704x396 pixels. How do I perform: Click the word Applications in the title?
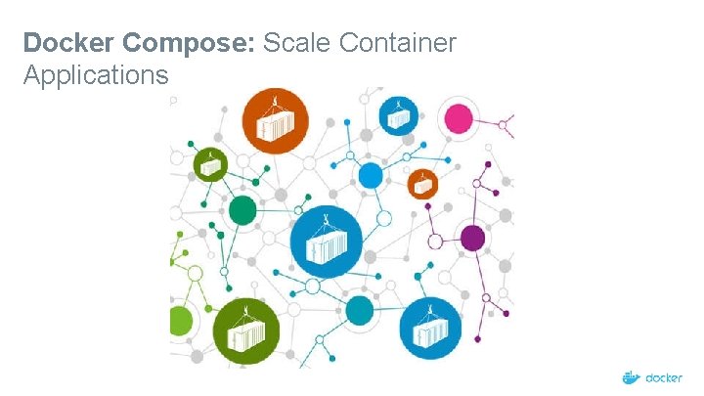95,74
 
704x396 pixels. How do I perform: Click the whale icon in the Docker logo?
632,377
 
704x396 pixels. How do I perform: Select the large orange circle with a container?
277,121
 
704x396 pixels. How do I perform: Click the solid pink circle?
458,119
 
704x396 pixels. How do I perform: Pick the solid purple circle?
472,238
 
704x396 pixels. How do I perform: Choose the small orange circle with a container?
421,183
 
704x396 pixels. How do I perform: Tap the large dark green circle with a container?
246,332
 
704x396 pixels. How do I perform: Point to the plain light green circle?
180,321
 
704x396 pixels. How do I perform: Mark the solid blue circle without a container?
371,175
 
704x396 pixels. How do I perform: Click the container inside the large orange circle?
278,125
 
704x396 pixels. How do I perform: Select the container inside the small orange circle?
421,185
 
